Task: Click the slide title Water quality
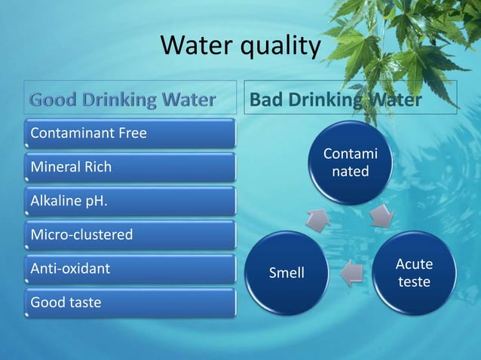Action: (240, 47)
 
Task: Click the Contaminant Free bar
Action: (130, 133)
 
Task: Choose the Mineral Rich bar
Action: (130, 166)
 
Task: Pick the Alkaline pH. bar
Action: (130, 201)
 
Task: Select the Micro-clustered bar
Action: (130, 235)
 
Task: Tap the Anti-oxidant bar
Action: (130, 268)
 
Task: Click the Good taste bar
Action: (130, 303)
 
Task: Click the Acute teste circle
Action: (414, 273)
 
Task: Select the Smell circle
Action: (287, 273)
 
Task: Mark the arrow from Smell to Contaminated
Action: (317, 218)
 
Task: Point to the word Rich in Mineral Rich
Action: (97, 166)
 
